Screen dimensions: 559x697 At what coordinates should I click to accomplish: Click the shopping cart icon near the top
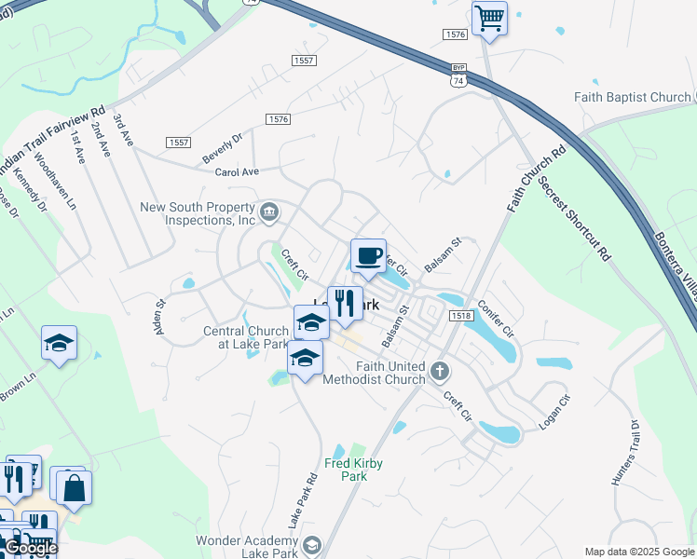[489, 18]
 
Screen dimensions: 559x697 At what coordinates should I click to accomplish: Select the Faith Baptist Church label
[633, 97]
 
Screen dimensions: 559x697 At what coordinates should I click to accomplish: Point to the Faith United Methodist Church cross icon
[440, 373]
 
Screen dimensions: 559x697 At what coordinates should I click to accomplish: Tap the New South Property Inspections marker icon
[269, 213]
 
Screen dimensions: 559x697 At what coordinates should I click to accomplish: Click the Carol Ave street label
[237, 172]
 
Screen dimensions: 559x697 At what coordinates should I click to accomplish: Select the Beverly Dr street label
[223, 149]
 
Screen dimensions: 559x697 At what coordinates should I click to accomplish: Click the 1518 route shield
[459, 317]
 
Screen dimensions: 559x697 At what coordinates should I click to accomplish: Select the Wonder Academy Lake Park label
[247, 547]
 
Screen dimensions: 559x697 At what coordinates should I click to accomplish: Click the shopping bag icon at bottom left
[74, 486]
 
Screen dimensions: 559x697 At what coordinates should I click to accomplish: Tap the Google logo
[30, 549]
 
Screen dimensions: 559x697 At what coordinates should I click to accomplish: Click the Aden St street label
[159, 317]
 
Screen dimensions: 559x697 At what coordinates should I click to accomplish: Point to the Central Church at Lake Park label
[246, 337]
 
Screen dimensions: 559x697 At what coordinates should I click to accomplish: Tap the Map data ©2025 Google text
[639, 552]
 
